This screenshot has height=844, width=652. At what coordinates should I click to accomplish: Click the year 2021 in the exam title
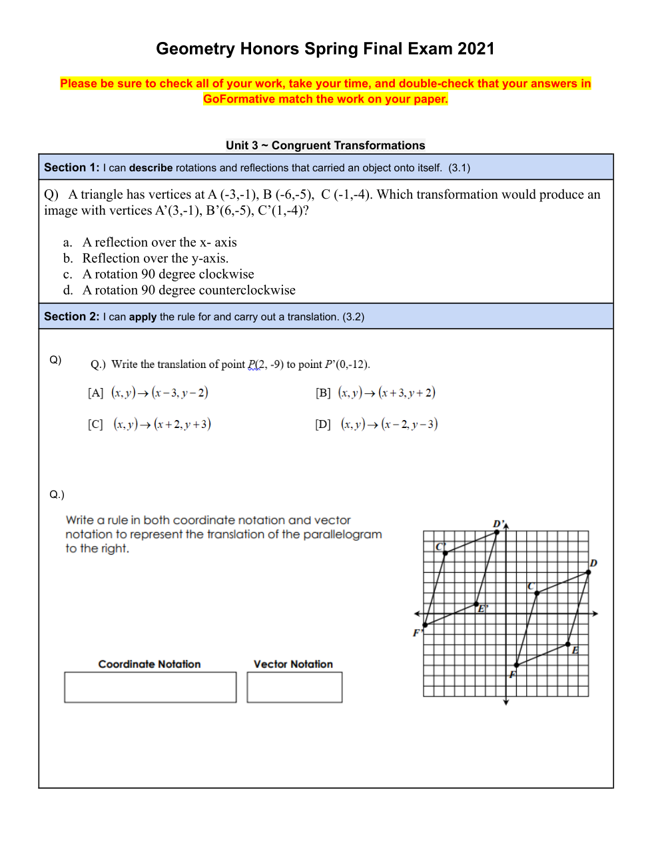pyautogui.click(x=476, y=49)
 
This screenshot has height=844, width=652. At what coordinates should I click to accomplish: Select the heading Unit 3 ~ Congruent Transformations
pyautogui.click(x=325, y=145)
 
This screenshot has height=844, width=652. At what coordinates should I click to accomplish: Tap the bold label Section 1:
pyautogui.click(x=71, y=168)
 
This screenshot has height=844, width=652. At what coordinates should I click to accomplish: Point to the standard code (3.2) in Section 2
pyautogui.click(x=353, y=317)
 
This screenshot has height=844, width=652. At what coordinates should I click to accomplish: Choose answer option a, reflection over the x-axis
pyautogui.click(x=159, y=243)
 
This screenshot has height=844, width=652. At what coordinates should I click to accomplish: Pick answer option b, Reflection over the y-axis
pyautogui.click(x=155, y=259)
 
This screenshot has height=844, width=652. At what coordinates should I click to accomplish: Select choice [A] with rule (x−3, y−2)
pyautogui.click(x=148, y=393)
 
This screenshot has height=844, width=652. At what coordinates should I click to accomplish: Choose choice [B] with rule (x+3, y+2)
pyautogui.click(x=376, y=393)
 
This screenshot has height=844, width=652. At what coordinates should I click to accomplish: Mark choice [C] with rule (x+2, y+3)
pyautogui.click(x=149, y=424)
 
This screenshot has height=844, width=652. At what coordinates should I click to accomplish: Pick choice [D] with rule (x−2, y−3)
pyautogui.click(x=376, y=424)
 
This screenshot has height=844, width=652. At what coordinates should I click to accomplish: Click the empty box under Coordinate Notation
pyautogui.click(x=151, y=687)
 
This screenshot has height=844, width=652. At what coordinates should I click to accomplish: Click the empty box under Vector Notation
pyautogui.click(x=294, y=687)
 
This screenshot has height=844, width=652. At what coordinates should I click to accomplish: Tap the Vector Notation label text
pyautogui.click(x=293, y=664)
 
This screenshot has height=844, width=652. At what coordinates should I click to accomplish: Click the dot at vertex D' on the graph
pyautogui.click(x=497, y=532)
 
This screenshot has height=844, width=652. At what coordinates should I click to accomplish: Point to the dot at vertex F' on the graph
pyautogui.click(x=425, y=625)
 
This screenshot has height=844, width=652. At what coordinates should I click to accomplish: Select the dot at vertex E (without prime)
pyautogui.click(x=568, y=644)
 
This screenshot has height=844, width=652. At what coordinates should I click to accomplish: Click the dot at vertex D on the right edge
pyautogui.click(x=588, y=572)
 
